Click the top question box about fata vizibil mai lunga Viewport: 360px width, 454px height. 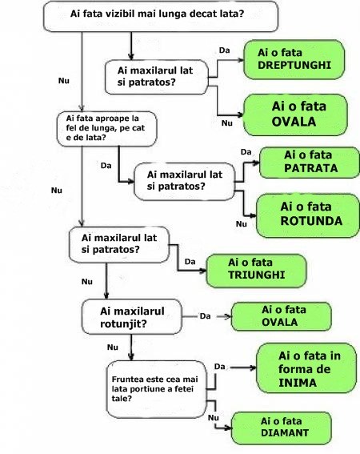161,16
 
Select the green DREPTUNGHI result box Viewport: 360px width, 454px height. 294,59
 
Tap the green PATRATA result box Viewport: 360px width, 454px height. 310,163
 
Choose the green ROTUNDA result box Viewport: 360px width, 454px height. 308,215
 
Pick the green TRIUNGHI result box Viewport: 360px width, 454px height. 256,271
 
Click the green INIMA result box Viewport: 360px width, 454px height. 306,368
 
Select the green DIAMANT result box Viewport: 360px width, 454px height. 282,428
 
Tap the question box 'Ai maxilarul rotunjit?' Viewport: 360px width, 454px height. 132,316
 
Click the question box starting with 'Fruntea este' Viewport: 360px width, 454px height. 157,389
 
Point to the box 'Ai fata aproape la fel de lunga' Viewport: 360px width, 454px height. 106,129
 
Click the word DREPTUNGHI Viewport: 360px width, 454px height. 294,65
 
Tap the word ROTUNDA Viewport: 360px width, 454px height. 311,221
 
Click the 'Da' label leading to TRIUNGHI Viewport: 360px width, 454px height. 190,262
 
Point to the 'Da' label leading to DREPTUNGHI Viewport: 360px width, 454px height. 224,50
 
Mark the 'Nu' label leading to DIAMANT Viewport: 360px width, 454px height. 214,417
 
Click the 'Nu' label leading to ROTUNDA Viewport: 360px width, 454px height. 242,223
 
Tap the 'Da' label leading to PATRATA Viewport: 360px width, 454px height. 246,151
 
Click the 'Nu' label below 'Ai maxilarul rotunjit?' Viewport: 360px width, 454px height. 113,347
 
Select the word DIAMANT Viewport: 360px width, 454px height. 285,433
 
